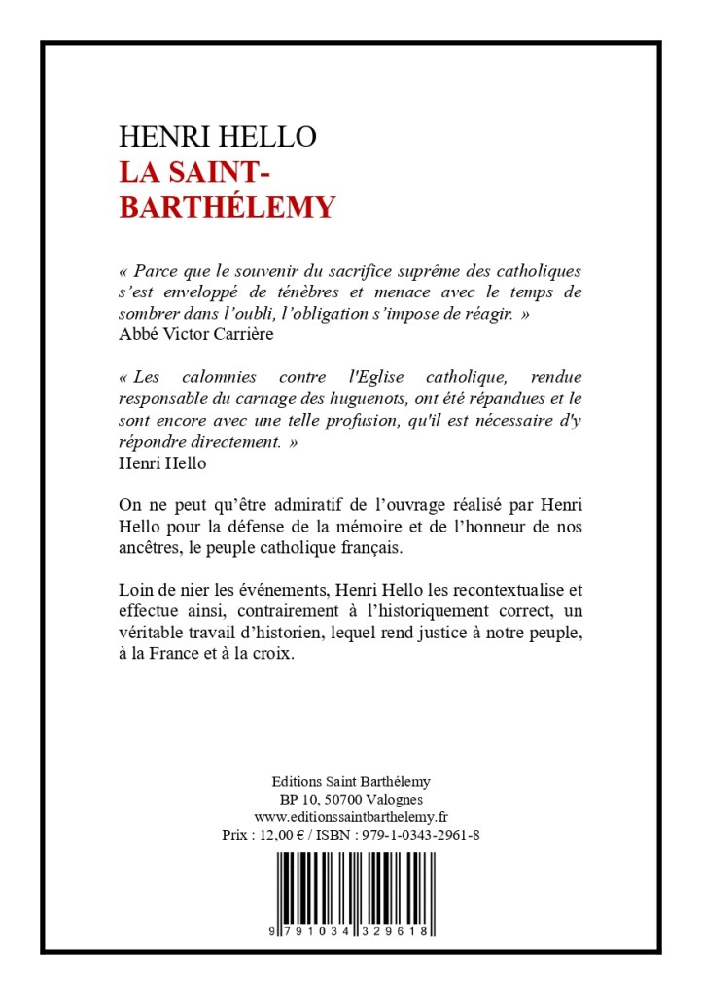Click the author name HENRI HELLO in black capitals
tap(218, 137)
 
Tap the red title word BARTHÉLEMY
tap(228, 207)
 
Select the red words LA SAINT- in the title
tap(201, 172)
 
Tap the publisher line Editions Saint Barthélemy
tap(351, 781)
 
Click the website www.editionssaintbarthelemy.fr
tap(351, 816)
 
